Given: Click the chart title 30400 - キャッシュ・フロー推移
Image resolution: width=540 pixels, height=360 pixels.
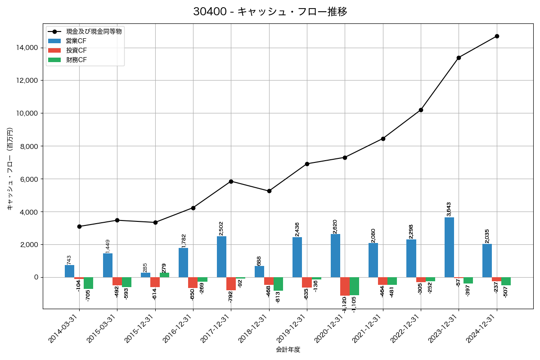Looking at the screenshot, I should [270, 12].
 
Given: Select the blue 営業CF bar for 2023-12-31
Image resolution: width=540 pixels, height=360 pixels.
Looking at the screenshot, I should [449, 247].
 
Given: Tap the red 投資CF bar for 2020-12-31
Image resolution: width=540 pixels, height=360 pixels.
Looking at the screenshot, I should [345, 286].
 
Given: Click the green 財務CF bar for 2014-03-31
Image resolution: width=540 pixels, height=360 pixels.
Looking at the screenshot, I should [89, 283].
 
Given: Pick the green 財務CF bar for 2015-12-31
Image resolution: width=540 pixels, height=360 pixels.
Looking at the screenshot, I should [164, 275].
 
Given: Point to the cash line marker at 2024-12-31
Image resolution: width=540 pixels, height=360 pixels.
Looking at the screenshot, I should [497, 36].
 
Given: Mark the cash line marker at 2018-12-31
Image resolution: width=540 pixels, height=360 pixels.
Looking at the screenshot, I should [269, 191].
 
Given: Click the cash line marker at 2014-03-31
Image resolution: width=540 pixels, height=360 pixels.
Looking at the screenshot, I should [79, 226].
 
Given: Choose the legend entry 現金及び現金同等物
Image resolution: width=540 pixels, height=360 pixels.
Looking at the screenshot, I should [94, 31].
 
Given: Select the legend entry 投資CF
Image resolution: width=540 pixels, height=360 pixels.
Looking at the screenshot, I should [76, 50].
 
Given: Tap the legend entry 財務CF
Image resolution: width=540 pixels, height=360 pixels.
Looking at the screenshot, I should [76, 60].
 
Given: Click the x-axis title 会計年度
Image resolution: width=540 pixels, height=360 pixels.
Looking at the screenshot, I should [288, 350].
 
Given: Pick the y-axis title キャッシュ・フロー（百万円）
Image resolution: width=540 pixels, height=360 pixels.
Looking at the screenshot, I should [9, 169].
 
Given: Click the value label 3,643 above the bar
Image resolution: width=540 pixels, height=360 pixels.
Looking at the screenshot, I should [449, 209].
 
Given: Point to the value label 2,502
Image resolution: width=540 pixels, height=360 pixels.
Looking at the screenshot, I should [221, 228].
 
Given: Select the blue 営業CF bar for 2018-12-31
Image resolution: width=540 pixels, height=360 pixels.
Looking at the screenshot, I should [259, 272].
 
